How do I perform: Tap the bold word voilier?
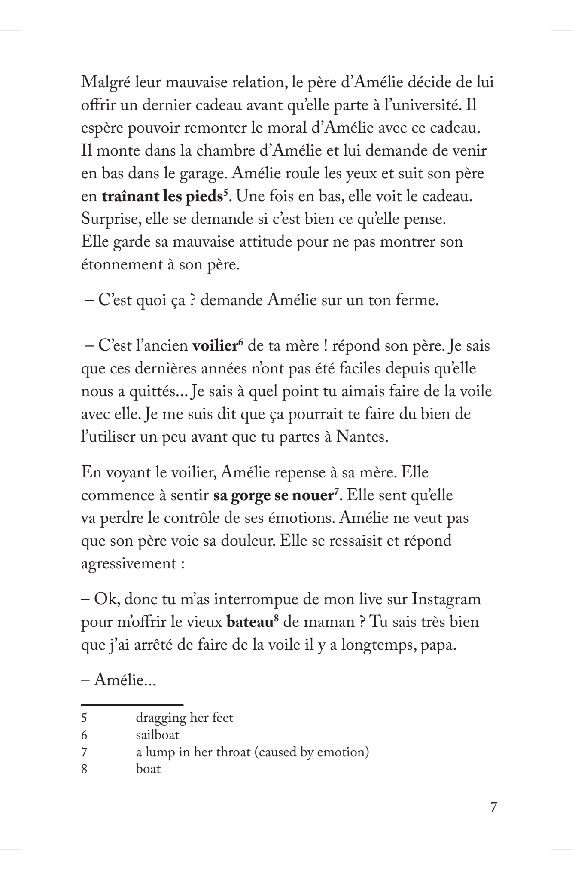point(215,346)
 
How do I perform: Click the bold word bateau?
point(248,622)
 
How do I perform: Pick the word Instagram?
point(446,599)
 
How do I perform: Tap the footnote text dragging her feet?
point(185,718)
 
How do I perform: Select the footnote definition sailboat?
point(158,735)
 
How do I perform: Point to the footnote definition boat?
point(148,769)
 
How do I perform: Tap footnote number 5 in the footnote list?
point(84,718)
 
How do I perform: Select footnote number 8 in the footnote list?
point(84,769)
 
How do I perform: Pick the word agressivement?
point(128,564)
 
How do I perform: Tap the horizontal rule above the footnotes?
point(132,705)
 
